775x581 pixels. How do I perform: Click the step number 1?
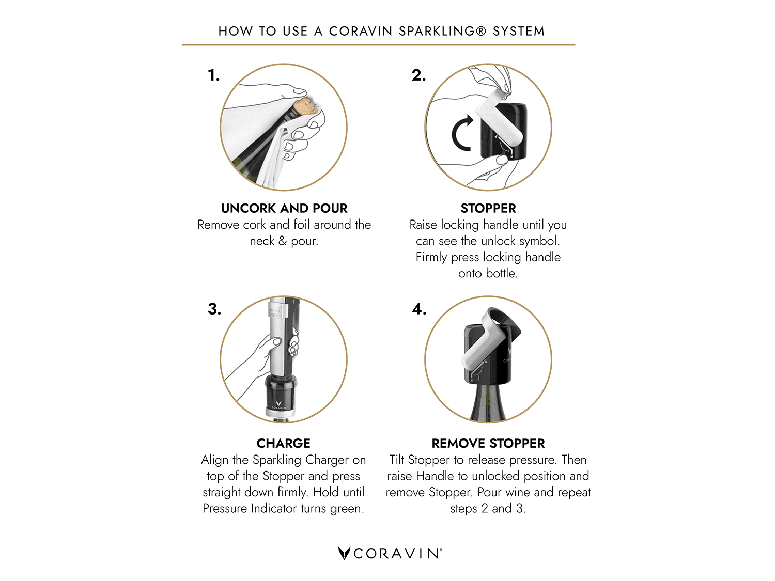[x=213, y=75]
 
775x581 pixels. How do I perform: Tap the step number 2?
[x=419, y=75]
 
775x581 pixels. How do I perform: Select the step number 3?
[x=214, y=309]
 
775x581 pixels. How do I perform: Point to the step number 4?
[x=419, y=309]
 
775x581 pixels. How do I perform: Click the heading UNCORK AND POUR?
[x=284, y=209]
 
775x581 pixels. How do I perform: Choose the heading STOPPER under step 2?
[x=488, y=209]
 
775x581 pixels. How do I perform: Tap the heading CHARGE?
[x=284, y=444]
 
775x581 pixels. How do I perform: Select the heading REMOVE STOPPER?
[x=488, y=444]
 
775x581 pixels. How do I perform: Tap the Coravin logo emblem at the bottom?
[x=344, y=553]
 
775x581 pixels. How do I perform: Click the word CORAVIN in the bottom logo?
[x=397, y=554]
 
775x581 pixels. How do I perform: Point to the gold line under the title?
[x=379, y=45]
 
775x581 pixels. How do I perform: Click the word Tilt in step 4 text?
[x=397, y=460]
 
